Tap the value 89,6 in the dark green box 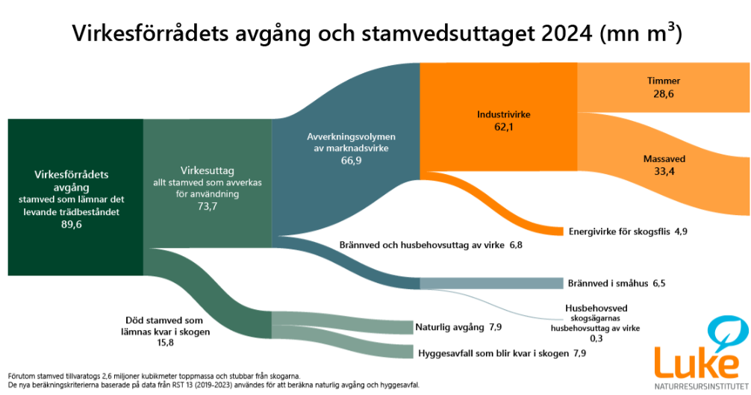pos(72,225)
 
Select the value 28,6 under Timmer pos(663,94)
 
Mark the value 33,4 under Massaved pos(663,172)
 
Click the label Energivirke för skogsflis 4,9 pos(627,231)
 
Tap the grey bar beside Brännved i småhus pos(490,283)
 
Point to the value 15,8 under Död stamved pos(166,343)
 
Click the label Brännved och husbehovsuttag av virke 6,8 pos(431,244)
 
